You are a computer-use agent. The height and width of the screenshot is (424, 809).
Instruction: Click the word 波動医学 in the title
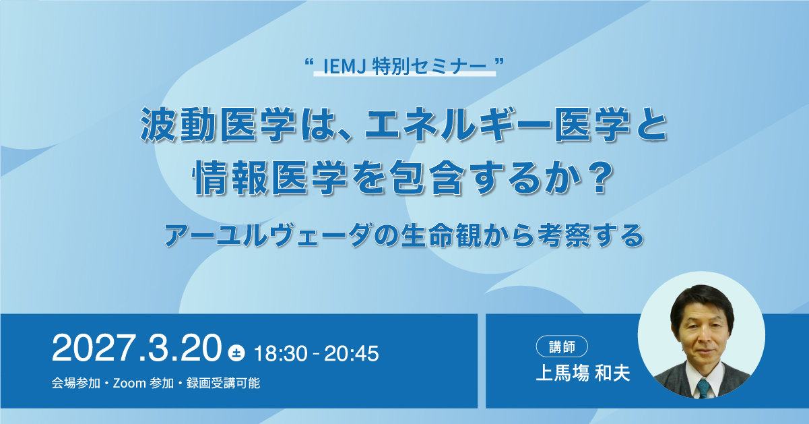218,124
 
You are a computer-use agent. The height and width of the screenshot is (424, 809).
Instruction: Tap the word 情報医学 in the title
270,178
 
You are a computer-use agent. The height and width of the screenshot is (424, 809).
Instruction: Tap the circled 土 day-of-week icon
236,353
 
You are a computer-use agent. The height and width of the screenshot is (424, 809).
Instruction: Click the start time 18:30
281,353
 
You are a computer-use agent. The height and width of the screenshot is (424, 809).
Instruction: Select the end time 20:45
352,353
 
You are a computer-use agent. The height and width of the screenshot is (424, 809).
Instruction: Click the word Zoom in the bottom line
129,383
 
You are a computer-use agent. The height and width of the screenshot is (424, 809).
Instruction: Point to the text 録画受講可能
223,383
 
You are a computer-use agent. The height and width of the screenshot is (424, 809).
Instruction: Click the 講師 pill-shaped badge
562,346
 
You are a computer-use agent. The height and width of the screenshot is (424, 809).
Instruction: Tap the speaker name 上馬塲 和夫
583,373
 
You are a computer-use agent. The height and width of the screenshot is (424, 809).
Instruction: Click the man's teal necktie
703,388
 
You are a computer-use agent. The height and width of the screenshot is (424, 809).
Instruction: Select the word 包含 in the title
427,178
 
